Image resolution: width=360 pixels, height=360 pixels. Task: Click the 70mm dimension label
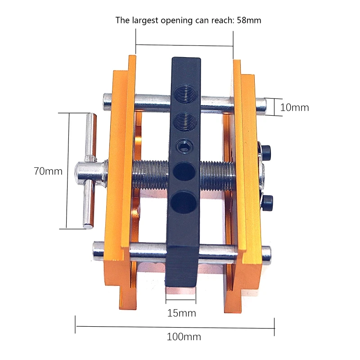[x=48, y=171]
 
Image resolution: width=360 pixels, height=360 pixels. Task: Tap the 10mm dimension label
[x=295, y=108]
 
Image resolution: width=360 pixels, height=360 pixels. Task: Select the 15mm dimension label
[x=182, y=313]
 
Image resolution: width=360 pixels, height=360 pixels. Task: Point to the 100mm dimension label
[x=184, y=337]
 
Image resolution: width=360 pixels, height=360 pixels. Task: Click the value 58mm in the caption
[x=249, y=20]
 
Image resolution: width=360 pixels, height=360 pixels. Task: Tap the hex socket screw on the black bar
[x=184, y=145]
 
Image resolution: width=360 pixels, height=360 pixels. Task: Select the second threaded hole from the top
[x=185, y=121]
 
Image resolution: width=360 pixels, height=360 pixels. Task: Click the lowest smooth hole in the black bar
[x=184, y=202]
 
